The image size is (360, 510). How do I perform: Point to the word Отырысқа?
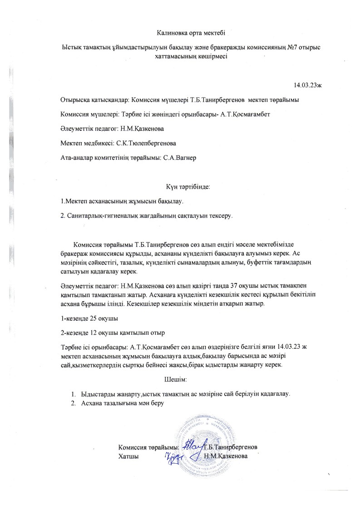(x=74, y=99)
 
